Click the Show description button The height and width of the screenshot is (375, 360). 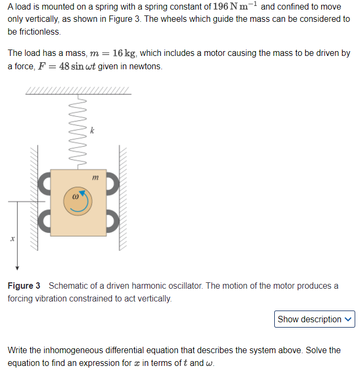pos(315,319)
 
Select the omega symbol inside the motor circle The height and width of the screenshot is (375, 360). pos(75,197)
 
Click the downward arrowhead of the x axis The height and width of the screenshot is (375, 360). pos(17,267)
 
